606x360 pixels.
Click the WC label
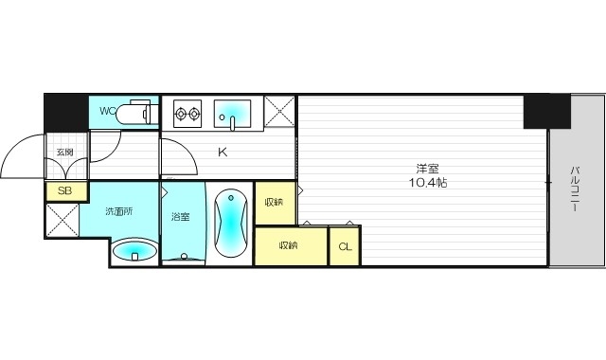click(x=107, y=112)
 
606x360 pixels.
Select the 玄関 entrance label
click(x=64, y=152)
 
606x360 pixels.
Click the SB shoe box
click(x=63, y=190)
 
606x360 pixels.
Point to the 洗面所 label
click(x=119, y=211)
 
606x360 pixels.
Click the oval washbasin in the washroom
click(x=134, y=251)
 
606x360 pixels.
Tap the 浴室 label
click(x=180, y=216)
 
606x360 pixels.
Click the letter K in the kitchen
click(x=223, y=152)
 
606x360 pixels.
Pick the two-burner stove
click(x=187, y=115)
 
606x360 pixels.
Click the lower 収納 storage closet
click(x=289, y=245)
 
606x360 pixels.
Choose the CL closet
click(x=345, y=246)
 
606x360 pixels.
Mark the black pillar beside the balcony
click(x=548, y=112)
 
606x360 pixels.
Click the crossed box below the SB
click(x=62, y=220)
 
